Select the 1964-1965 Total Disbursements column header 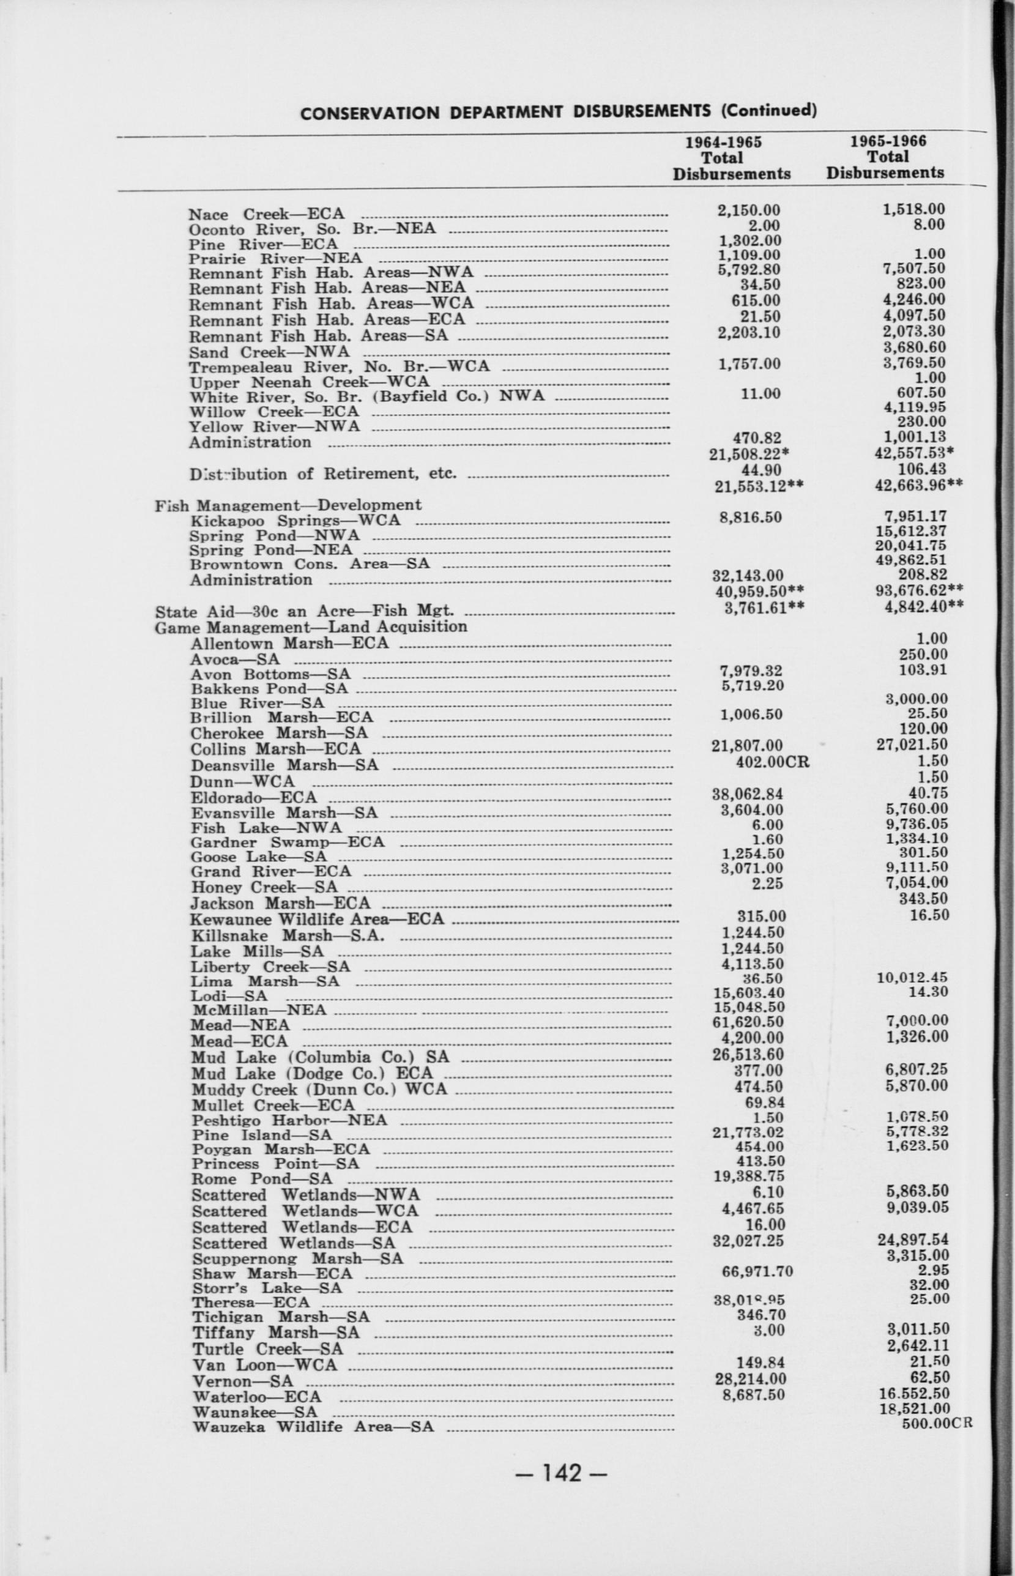tap(731, 158)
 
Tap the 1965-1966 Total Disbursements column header tap(887, 157)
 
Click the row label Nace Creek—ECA tap(266, 214)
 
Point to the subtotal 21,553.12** tap(758, 486)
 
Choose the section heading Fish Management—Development tap(288, 505)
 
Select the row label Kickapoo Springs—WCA tap(295, 520)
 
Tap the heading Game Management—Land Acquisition tap(310, 626)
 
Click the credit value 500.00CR tap(936, 1422)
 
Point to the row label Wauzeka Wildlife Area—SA tap(313, 1423)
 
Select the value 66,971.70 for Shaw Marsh tap(757, 1271)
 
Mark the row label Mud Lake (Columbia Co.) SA tap(321, 1057)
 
